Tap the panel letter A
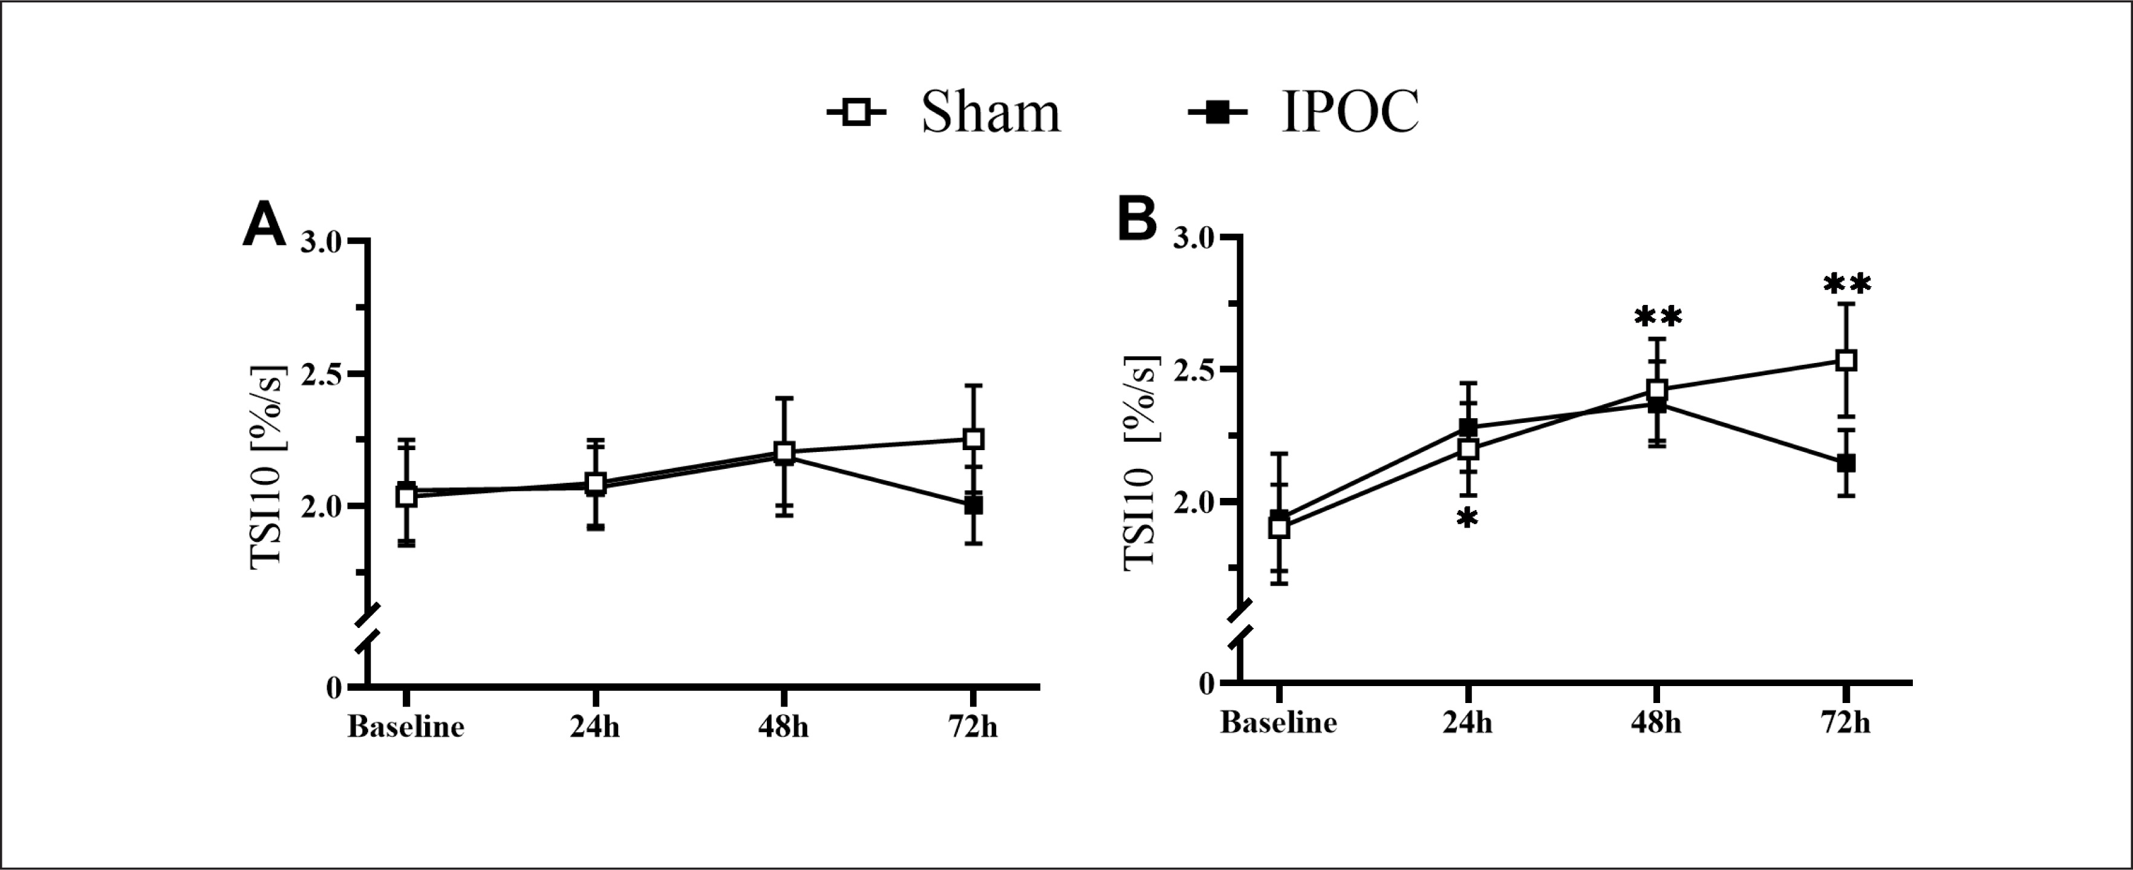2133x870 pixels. pyautogui.click(x=263, y=226)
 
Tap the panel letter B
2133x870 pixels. pyautogui.click(x=1137, y=220)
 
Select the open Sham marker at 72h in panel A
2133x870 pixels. pyautogui.click(x=974, y=438)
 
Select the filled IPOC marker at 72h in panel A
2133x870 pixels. pyautogui.click(x=974, y=505)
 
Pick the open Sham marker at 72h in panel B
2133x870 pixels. pyautogui.click(x=1846, y=361)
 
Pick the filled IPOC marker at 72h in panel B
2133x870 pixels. pyautogui.click(x=1846, y=463)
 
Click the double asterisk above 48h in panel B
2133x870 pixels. pyautogui.click(x=1657, y=318)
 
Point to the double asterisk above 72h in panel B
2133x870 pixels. pyautogui.click(x=1846, y=285)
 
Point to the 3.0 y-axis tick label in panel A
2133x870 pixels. pyautogui.click(x=321, y=242)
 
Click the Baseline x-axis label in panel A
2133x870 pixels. pyautogui.click(x=406, y=727)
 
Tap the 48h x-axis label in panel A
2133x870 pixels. pyautogui.click(x=783, y=727)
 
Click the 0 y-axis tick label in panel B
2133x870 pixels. pyautogui.click(x=1206, y=684)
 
